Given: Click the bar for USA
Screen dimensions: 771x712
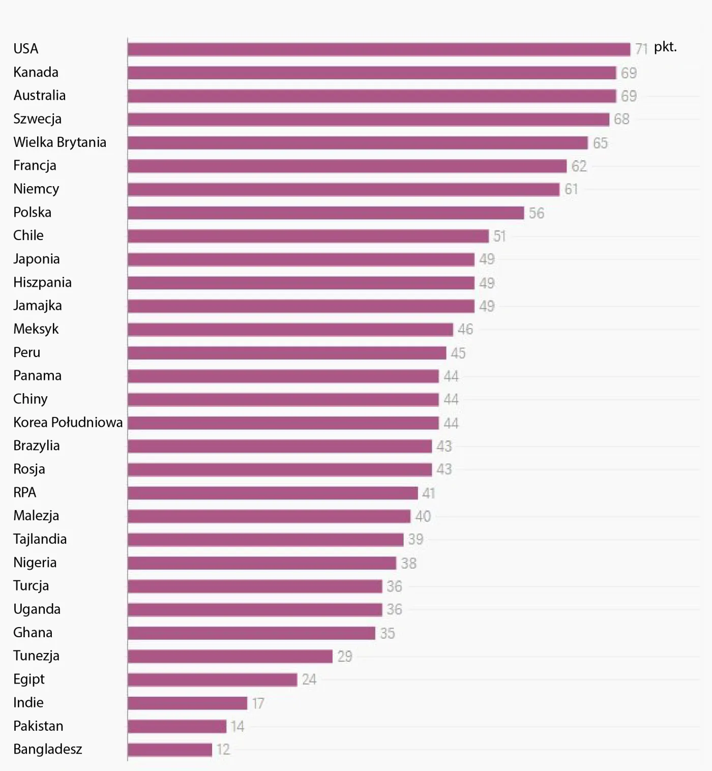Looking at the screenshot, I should [x=379, y=49].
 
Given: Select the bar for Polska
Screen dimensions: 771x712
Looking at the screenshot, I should [x=325, y=213].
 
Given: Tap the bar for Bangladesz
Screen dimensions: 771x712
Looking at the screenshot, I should [x=170, y=750].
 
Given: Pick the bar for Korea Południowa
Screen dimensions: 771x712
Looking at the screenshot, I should [x=283, y=423].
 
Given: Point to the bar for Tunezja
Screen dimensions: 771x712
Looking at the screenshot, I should [x=230, y=656].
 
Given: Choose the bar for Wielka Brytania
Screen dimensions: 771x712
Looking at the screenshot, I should [x=358, y=143].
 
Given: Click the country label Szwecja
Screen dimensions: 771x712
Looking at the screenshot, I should [x=37, y=119].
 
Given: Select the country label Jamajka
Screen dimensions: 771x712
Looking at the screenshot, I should [x=38, y=306].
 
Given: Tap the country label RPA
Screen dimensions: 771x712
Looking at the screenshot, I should [x=25, y=492].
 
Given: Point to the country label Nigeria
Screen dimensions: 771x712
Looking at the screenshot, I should [x=35, y=562].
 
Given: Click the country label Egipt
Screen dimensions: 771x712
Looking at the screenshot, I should [x=29, y=679].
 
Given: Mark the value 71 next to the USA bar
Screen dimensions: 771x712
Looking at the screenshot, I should [x=641, y=49].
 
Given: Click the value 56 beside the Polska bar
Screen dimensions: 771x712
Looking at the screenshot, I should [x=536, y=213].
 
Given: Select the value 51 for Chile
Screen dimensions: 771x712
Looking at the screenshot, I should [x=499, y=236].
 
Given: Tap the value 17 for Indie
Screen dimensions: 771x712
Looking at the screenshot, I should [x=258, y=703].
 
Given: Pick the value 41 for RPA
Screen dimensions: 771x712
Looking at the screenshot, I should [x=428, y=493].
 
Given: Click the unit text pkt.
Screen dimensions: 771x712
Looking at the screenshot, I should [x=665, y=47].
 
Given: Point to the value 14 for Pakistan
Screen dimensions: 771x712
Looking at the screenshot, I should [x=237, y=726].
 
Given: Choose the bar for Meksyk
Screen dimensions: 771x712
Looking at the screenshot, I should [x=290, y=330].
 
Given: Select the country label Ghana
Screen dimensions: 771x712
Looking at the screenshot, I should [x=33, y=633].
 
